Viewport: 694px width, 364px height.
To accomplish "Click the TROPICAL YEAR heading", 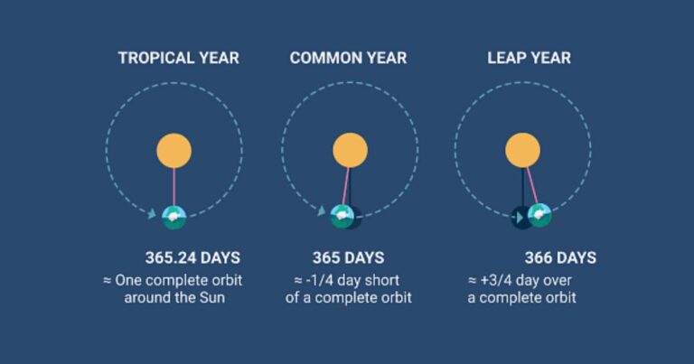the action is (x=179, y=58).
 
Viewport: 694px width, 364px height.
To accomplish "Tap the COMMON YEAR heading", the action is (x=348, y=58).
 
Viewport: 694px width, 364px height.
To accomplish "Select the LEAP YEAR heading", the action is (x=529, y=58).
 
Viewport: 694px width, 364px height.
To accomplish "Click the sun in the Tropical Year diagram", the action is (x=173, y=151).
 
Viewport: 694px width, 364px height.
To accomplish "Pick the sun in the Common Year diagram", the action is (x=350, y=150).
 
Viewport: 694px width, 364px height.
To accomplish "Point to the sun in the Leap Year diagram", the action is (x=522, y=150).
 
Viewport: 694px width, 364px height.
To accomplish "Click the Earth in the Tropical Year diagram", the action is (x=173, y=217).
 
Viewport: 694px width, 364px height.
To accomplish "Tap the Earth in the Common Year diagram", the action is (x=342, y=217).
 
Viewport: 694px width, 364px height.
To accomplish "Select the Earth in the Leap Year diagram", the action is (x=539, y=216).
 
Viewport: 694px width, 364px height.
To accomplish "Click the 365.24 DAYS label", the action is (x=192, y=257).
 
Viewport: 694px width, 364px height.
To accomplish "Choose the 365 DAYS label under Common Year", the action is (x=348, y=257).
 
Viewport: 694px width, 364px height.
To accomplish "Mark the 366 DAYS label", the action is (x=560, y=257).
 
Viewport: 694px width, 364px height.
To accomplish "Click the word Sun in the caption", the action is (x=212, y=298).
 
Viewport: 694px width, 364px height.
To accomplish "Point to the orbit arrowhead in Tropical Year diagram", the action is (x=152, y=214).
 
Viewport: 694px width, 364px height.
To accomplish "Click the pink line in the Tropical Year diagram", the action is (x=173, y=187).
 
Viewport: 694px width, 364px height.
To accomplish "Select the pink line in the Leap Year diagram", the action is (x=532, y=185).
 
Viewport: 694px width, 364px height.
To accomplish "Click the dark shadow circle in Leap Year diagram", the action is (x=522, y=218).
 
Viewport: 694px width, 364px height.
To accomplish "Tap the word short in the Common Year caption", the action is (x=384, y=280).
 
